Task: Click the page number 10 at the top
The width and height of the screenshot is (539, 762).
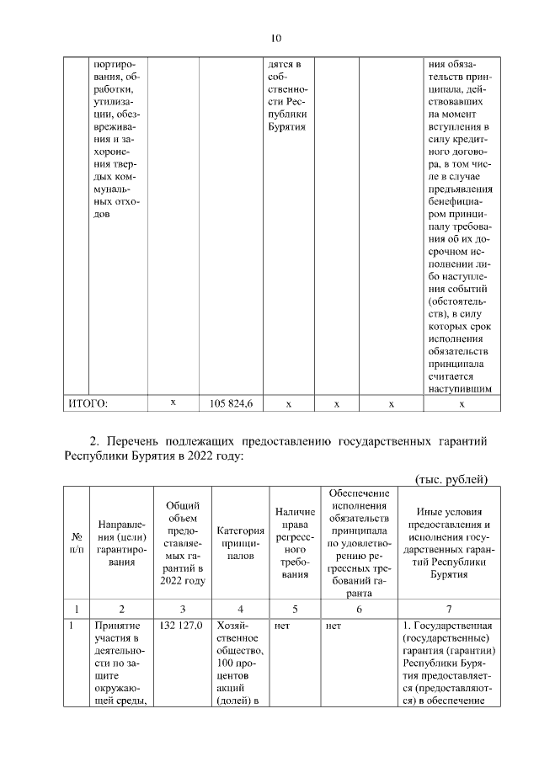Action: [x=276, y=38]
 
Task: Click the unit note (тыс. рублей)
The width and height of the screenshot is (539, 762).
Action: [x=453, y=479]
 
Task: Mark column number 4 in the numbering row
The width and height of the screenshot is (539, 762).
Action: [x=240, y=608]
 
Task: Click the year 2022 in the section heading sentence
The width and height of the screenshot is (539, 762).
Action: [x=206, y=456]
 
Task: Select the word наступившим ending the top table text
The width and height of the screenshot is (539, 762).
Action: [x=460, y=388]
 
